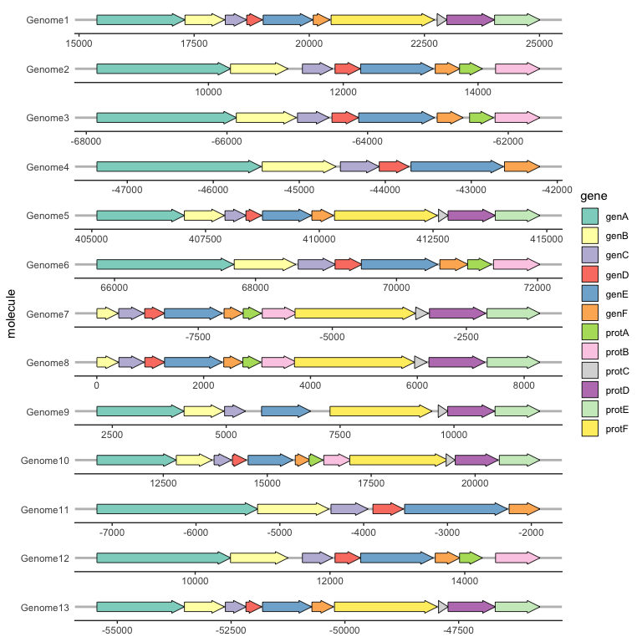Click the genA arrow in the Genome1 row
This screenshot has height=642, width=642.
click(x=140, y=19)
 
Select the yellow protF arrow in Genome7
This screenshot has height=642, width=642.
click(x=354, y=313)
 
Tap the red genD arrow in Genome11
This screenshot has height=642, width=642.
click(x=388, y=509)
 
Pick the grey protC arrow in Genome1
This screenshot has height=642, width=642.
click(x=441, y=19)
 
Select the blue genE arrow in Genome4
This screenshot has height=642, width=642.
click(x=456, y=166)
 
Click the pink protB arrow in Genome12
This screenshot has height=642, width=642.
click(x=517, y=558)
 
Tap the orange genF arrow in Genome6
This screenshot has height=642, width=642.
click(x=453, y=265)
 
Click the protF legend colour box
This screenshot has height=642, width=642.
click(x=590, y=429)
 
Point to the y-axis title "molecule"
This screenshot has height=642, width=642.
click(x=11, y=313)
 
